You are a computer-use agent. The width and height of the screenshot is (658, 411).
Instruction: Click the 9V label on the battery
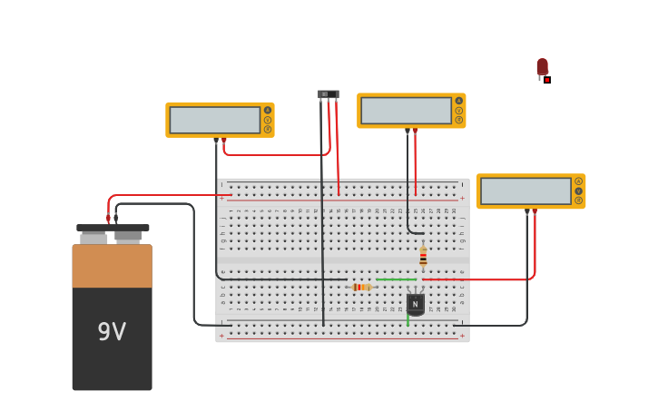pyautogui.click(x=112, y=332)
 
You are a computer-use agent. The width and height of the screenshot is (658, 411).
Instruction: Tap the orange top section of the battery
pyautogui.click(x=112, y=266)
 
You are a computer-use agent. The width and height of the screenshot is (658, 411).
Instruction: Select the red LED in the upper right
pyautogui.click(x=542, y=67)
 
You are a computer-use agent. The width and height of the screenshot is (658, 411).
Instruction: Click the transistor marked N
pyautogui.click(x=416, y=303)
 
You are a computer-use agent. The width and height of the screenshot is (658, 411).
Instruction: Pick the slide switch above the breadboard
pyautogui.click(x=328, y=94)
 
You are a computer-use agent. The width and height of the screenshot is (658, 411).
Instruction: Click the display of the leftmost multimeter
pyautogui.click(x=215, y=120)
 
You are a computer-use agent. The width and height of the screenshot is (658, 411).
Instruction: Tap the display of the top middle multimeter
pyautogui.click(x=406, y=111)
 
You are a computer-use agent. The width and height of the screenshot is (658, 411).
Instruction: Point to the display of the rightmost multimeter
pyautogui.click(x=525, y=191)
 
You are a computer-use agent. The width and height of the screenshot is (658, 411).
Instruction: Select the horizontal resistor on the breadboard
pyautogui.click(x=360, y=287)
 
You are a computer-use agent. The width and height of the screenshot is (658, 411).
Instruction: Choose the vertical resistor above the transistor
pyautogui.click(x=423, y=257)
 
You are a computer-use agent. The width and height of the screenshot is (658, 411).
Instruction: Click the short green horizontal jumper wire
pyautogui.click(x=396, y=279)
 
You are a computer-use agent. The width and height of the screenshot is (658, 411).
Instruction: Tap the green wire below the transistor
pyautogui.click(x=408, y=320)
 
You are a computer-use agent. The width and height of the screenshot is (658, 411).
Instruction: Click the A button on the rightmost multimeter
pyautogui.click(x=578, y=181)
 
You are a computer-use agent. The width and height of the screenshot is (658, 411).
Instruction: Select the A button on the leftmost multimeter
pyautogui.click(x=268, y=110)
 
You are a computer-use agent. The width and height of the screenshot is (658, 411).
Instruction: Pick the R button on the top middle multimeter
pyautogui.click(x=459, y=120)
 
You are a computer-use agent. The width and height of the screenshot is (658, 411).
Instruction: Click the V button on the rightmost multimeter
pyautogui.click(x=578, y=191)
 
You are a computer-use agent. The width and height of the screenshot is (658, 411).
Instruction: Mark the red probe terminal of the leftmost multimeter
pyautogui.click(x=224, y=140)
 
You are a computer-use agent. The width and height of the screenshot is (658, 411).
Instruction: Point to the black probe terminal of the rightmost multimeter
pyautogui.click(x=526, y=211)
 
